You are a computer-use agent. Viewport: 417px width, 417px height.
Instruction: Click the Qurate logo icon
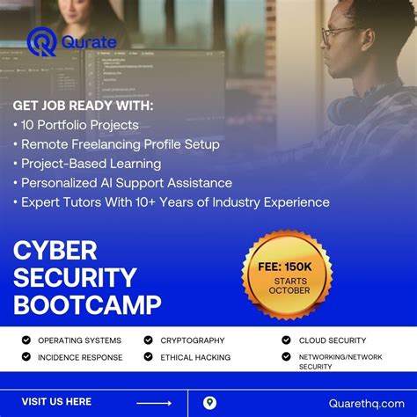coord(42,41)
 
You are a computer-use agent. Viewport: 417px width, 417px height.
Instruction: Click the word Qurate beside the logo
coord(87,42)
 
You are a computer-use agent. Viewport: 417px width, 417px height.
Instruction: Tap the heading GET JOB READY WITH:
coord(83,106)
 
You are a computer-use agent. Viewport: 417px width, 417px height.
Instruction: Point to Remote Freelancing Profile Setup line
coord(120,144)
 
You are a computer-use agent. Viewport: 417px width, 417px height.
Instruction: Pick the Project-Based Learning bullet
coord(91,164)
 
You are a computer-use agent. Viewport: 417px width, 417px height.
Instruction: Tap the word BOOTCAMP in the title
coord(87,305)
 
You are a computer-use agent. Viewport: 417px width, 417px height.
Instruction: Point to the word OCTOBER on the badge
coord(289,290)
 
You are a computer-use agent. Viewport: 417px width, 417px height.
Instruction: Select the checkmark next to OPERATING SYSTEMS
coord(26,340)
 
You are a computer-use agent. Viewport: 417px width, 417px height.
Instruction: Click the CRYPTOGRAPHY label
coord(193,340)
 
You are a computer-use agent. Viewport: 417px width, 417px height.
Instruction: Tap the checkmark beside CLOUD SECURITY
coord(286,340)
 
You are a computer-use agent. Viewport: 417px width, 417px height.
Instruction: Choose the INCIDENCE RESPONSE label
coord(80,357)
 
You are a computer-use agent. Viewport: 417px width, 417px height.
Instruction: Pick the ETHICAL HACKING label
coord(195,357)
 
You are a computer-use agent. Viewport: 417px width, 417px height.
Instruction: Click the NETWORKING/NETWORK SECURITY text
coord(340,361)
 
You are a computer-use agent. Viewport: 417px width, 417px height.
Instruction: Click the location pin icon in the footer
coord(209,403)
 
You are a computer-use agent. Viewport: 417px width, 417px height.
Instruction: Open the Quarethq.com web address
coord(362,403)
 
